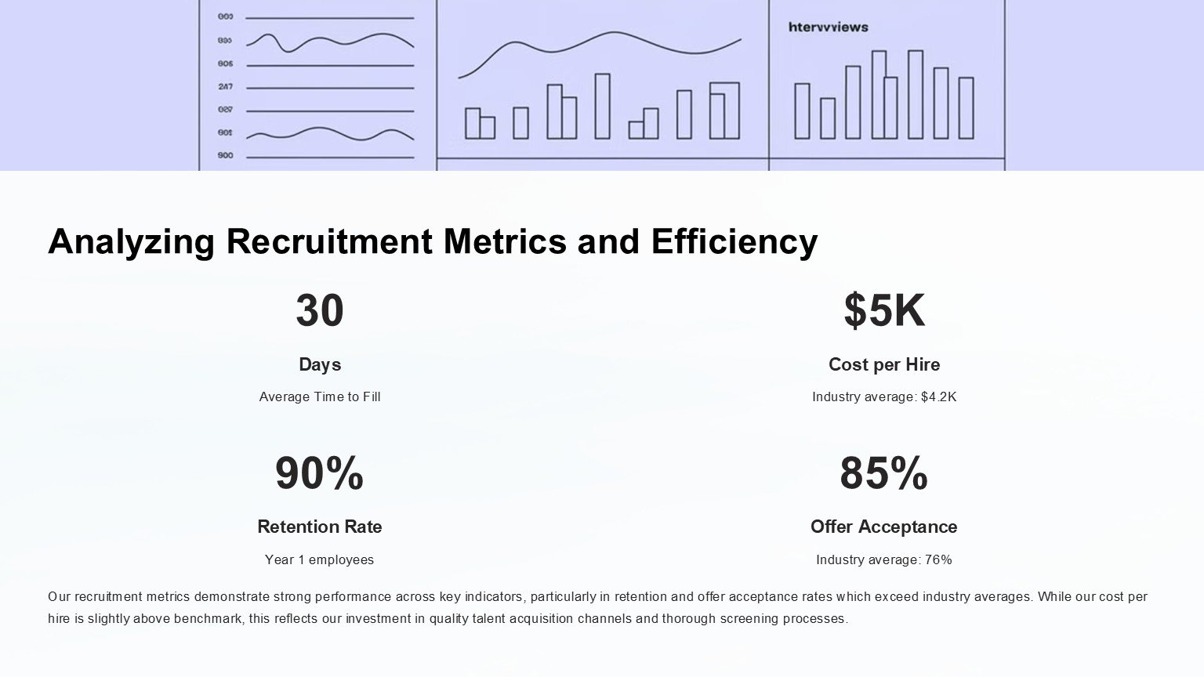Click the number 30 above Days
[320, 310]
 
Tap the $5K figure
[883, 310]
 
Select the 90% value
[319, 473]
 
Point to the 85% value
[883, 473]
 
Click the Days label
[320, 364]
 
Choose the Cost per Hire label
[883, 364]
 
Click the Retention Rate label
[319, 527]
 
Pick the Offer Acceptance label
[883, 527]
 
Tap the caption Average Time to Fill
[320, 396]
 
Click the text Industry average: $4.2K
[883, 396]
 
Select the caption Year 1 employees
[319, 559]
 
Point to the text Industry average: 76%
[883, 559]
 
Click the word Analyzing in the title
[131, 241]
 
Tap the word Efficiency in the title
[734, 241]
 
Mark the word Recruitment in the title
[329, 241]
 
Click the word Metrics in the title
[505, 241]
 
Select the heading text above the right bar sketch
[828, 27]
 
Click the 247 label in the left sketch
[225, 87]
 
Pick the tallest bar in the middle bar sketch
[602, 106]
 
